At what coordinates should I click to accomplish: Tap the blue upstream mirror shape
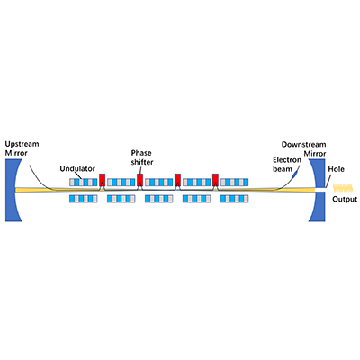11,190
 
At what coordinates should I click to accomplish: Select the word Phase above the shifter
141,153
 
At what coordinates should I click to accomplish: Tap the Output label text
344,200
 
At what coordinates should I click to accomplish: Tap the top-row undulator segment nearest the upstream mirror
84,181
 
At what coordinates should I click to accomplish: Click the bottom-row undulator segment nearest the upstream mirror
84,198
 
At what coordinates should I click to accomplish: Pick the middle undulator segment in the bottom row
159,198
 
